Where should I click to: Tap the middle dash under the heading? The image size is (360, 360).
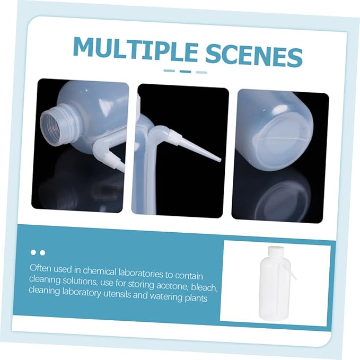pos(185,71)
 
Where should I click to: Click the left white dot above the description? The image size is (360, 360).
pos(33,252)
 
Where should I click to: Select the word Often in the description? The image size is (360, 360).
pos(41,268)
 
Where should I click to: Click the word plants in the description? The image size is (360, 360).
pos(196,298)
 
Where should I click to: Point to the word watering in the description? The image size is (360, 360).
pos(167,297)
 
